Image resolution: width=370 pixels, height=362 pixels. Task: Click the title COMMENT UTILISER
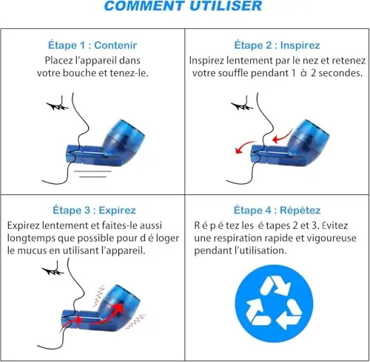pyautogui.click(x=183, y=5)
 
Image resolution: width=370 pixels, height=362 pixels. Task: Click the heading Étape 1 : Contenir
pyautogui.click(x=92, y=45)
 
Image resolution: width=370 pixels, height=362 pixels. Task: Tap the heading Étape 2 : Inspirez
pyautogui.click(x=277, y=45)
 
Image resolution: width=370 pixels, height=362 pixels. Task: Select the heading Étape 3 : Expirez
pyautogui.click(x=94, y=210)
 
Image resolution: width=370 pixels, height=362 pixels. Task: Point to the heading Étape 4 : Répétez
pyautogui.click(x=277, y=210)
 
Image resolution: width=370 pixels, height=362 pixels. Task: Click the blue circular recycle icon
pyautogui.click(x=274, y=304)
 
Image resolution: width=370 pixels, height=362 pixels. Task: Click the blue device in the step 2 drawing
pyautogui.click(x=290, y=144)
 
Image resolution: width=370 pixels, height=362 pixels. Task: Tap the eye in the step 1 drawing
pyautogui.click(x=58, y=106)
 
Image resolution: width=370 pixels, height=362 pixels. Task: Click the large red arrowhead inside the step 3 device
pyautogui.click(x=119, y=307)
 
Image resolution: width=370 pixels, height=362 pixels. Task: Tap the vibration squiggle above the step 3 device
pyautogui.click(x=99, y=296)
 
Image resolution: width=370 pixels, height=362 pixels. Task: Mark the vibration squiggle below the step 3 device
pyautogui.click(x=135, y=321)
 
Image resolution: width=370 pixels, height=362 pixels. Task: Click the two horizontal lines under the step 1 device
pyautogui.click(x=92, y=174)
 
